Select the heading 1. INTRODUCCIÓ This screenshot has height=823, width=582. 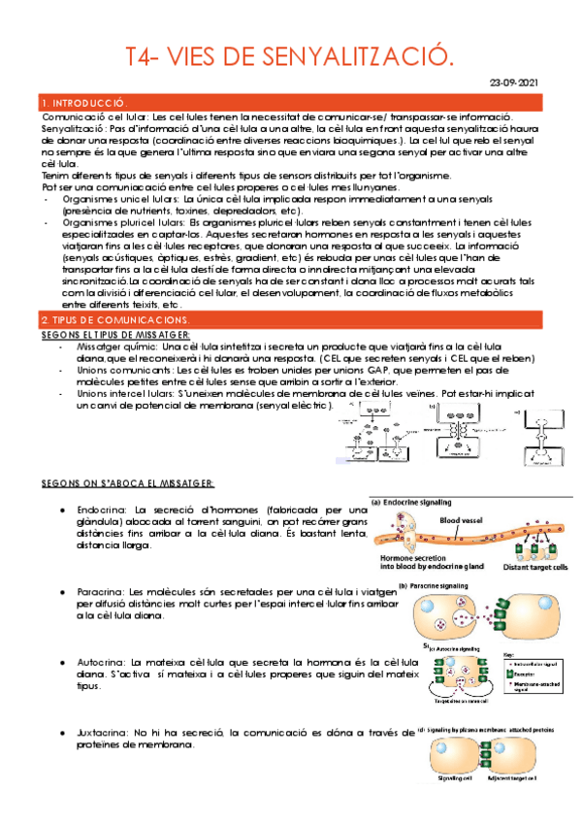(85, 103)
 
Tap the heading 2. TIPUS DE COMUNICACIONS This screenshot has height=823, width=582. (115, 293)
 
